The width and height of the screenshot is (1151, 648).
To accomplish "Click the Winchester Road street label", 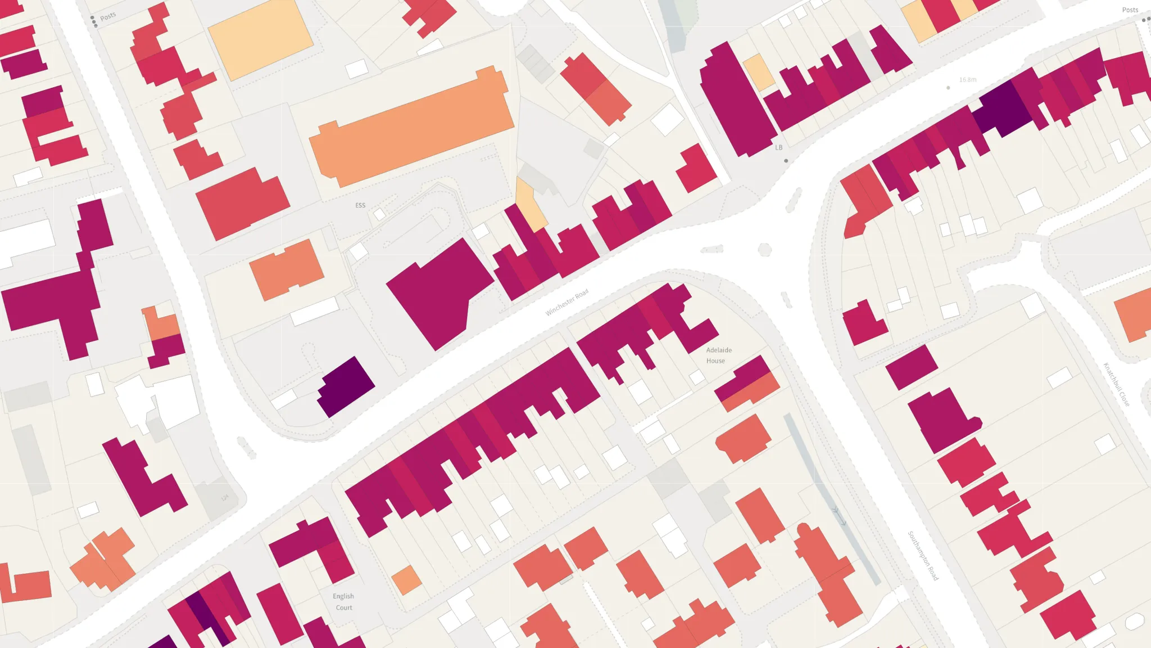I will pos(567,302).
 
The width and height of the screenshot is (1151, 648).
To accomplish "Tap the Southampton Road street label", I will pos(923,555).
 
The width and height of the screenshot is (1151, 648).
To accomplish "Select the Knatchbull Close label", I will pos(1116,384).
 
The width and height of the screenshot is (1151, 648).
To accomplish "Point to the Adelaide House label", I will pos(718,355).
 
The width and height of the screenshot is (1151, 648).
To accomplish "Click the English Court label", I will pos(343,601).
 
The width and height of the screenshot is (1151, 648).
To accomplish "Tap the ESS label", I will pos(360,205).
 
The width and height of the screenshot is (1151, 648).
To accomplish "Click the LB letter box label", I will pos(778,147).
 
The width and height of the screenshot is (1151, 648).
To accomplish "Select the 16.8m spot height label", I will pos(967,80).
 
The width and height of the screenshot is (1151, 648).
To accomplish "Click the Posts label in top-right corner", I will pos(1130,10).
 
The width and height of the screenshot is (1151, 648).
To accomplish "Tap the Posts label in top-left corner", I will pos(108,16).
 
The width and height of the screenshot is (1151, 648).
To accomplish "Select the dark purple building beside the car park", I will pos(346,386).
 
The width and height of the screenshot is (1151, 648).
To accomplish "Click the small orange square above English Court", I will pos(406,579).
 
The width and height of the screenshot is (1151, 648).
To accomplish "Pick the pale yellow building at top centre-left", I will pos(261,39).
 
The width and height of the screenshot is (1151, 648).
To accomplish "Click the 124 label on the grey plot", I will pos(225,498).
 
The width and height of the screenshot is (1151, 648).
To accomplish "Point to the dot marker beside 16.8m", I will pos(948,88).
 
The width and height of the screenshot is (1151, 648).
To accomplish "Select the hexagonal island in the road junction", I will pos(764,250).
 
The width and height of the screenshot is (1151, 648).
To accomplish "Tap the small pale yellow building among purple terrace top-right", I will pos(759,71).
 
